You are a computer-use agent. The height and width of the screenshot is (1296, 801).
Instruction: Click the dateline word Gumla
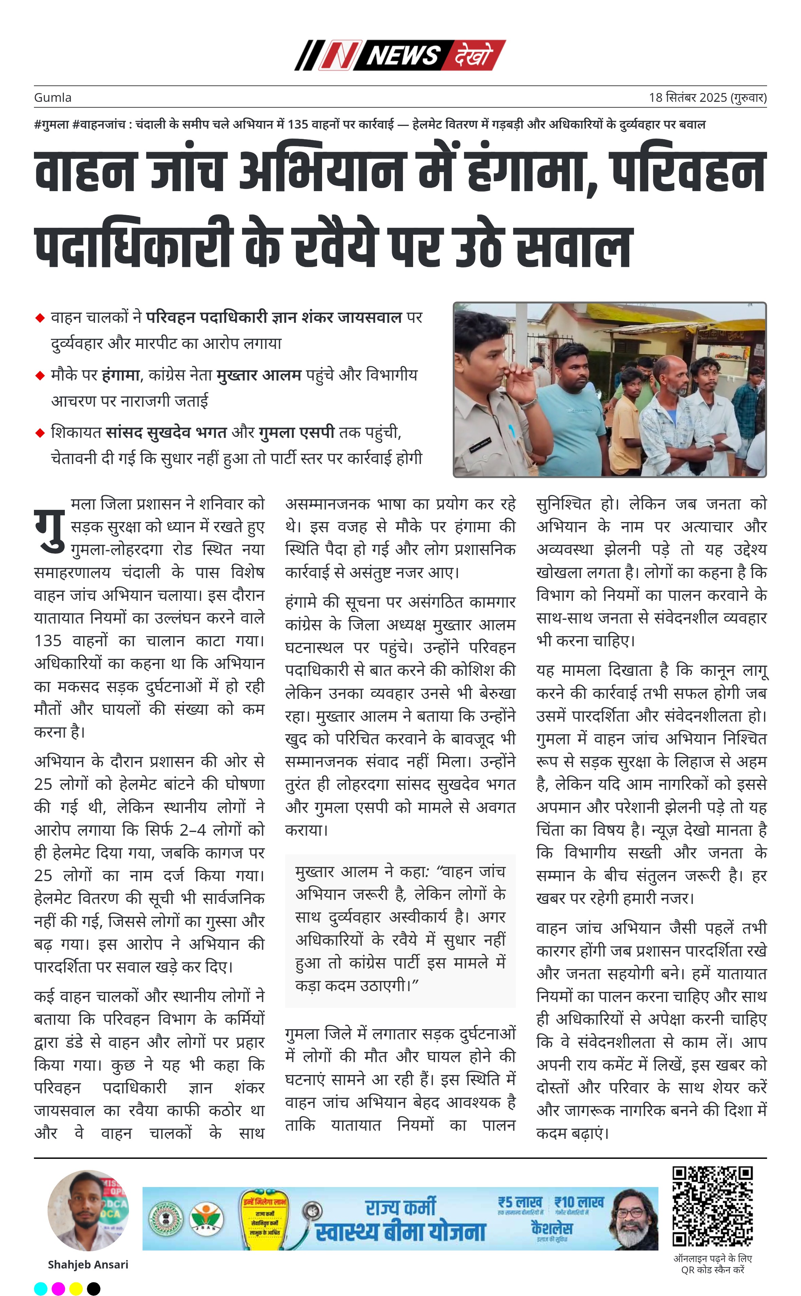(53, 97)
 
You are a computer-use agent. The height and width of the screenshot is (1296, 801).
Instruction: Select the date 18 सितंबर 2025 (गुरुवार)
(707, 97)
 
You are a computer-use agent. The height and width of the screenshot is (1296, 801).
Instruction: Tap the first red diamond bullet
(40, 318)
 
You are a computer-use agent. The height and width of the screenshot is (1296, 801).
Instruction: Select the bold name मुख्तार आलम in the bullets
(259, 375)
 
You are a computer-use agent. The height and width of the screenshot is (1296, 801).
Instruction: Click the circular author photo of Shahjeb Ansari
(88, 1211)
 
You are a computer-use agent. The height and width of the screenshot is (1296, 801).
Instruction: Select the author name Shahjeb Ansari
(88, 1265)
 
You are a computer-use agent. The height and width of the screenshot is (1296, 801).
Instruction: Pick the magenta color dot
(58, 1289)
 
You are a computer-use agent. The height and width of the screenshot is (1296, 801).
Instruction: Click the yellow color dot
(76, 1289)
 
